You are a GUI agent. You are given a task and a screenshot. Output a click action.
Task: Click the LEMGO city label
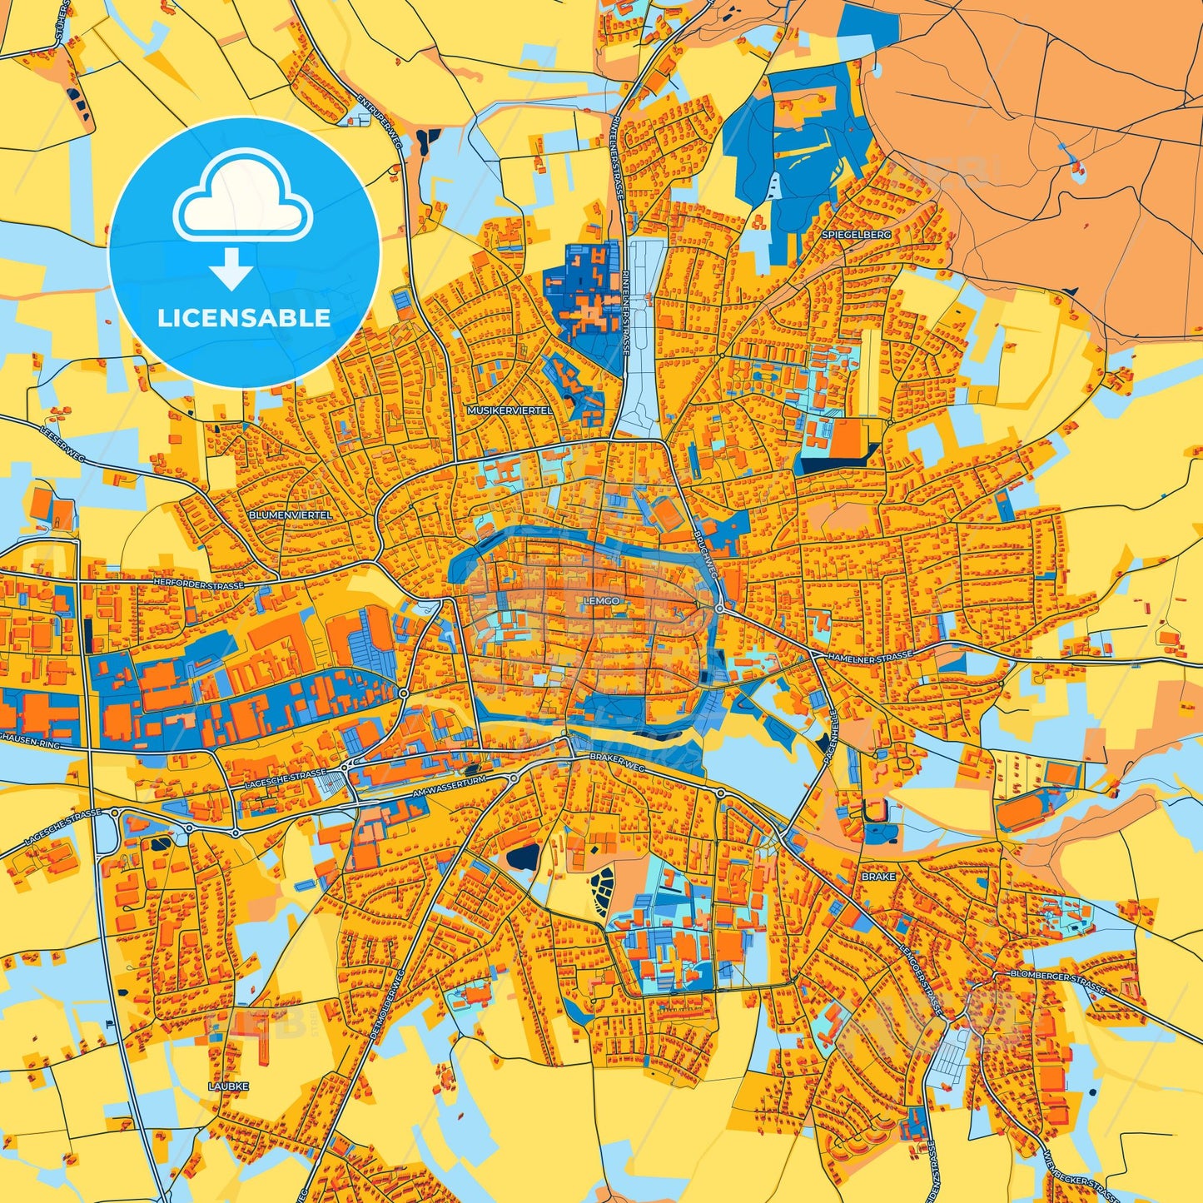pyautogui.click(x=601, y=600)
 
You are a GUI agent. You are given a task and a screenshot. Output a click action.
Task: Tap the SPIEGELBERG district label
pyautogui.click(x=857, y=235)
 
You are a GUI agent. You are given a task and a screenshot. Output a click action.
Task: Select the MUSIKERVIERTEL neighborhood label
pyautogui.click(x=510, y=411)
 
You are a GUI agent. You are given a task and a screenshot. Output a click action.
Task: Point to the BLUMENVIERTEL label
pyautogui.click(x=291, y=515)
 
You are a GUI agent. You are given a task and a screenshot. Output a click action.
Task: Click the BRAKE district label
pyautogui.click(x=878, y=877)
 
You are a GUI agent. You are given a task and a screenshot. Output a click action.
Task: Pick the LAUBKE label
pyautogui.click(x=228, y=1086)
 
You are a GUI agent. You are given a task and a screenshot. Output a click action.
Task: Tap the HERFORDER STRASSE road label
pyautogui.click(x=199, y=584)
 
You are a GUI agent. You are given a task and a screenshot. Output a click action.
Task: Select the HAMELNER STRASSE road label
pyautogui.click(x=870, y=656)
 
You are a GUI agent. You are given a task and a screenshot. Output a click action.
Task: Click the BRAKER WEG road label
pyautogui.click(x=617, y=758)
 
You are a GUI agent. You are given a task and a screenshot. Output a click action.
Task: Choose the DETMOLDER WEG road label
pyautogui.click(x=388, y=1005)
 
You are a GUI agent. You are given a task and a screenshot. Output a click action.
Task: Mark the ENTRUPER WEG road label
pyautogui.click(x=380, y=120)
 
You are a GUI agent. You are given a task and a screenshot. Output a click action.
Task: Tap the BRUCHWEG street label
pyautogui.click(x=704, y=551)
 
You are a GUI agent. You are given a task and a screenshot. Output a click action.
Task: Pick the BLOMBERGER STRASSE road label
pyautogui.click(x=1056, y=982)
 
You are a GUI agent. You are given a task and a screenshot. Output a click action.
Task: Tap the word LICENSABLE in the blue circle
pyautogui.click(x=244, y=318)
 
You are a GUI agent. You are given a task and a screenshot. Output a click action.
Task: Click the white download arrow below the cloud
pyautogui.click(x=231, y=268)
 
